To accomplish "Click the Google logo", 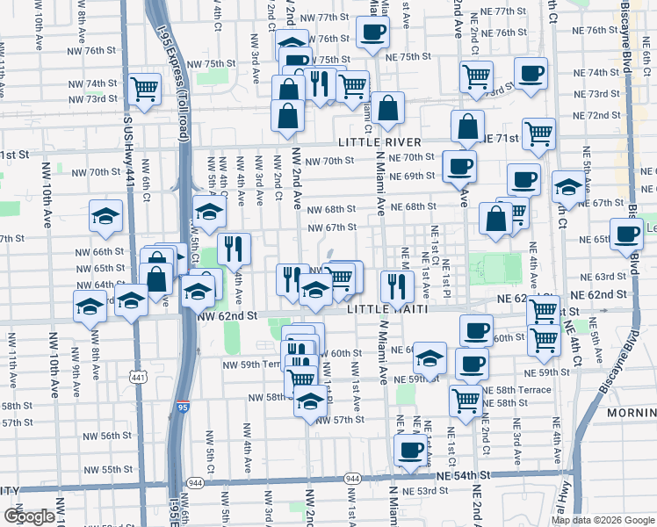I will pos(29,516).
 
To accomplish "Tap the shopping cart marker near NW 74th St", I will pos(144,89).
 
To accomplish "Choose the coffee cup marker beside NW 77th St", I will pos(372,34).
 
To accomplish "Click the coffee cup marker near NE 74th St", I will pos(530,74).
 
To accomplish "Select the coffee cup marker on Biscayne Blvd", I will pos(627,235).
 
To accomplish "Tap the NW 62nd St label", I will pos(227,314).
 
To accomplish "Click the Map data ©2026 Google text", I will pos(603,520).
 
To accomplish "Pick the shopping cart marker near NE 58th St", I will pos(466,400).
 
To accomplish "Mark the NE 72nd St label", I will pos(603,115).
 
